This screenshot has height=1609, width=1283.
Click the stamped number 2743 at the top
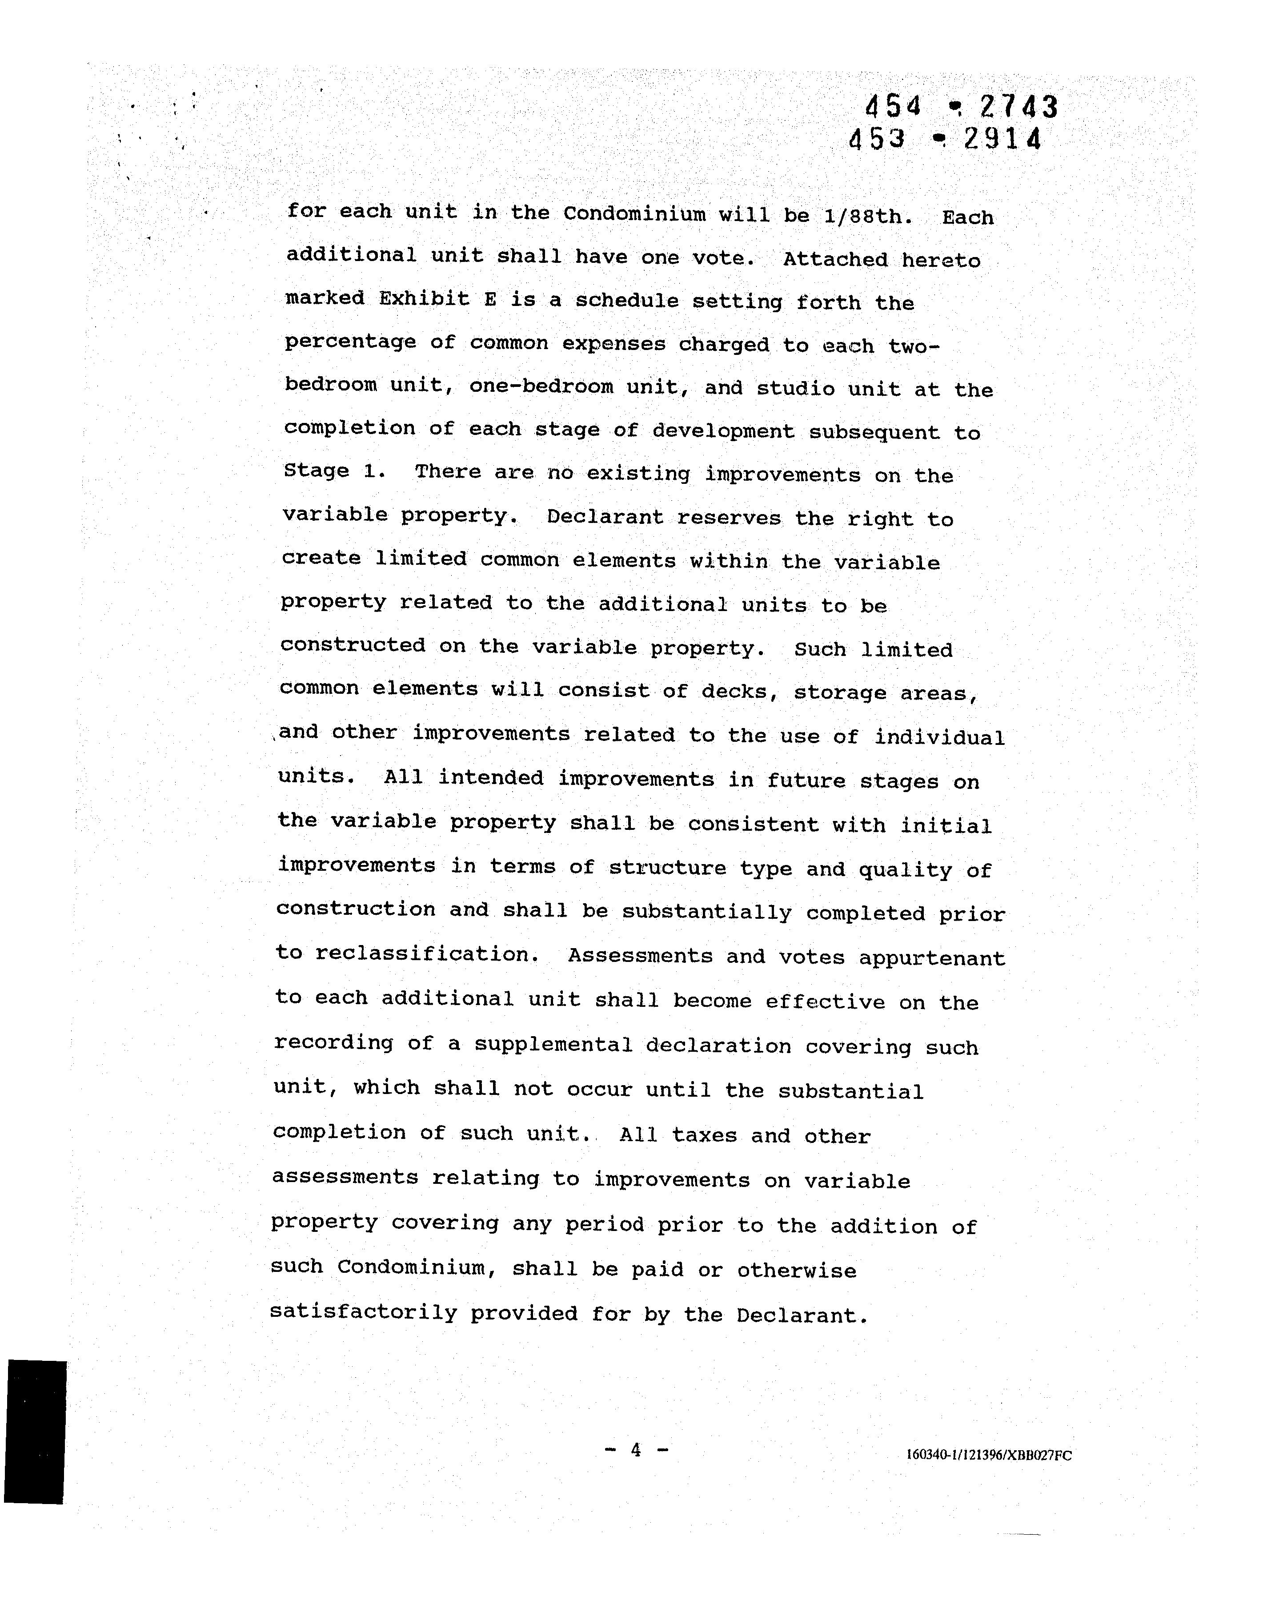(x=1019, y=108)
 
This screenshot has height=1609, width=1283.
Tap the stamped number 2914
(x=1002, y=140)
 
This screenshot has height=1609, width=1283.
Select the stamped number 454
(x=893, y=108)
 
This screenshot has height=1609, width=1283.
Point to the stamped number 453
(x=877, y=139)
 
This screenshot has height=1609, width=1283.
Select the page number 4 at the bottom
(x=636, y=1450)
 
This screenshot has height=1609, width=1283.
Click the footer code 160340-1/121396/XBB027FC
(x=988, y=1455)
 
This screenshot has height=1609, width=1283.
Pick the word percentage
(x=350, y=342)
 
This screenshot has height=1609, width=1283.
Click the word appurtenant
(x=932, y=958)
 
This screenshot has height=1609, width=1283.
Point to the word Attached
(x=835, y=260)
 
